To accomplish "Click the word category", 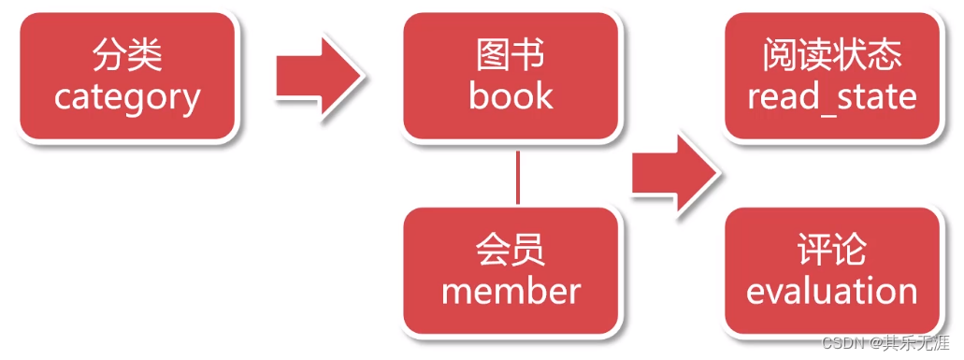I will (x=127, y=97).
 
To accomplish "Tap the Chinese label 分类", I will (x=127, y=56).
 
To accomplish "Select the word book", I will (x=511, y=96).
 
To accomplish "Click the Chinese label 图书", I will (x=511, y=56).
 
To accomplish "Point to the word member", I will (x=511, y=291).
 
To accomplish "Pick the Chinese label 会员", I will (x=511, y=250).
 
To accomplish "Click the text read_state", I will (x=831, y=97).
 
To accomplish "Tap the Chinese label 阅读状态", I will (x=831, y=56).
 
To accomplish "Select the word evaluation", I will (x=831, y=291).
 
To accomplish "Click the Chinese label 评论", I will (x=831, y=250).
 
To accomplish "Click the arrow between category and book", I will (x=318, y=76).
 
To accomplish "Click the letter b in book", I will (x=479, y=96).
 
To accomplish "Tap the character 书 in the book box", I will (x=529, y=56).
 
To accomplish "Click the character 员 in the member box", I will (x=529, y=250).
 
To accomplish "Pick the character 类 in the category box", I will (x=146, y=56).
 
